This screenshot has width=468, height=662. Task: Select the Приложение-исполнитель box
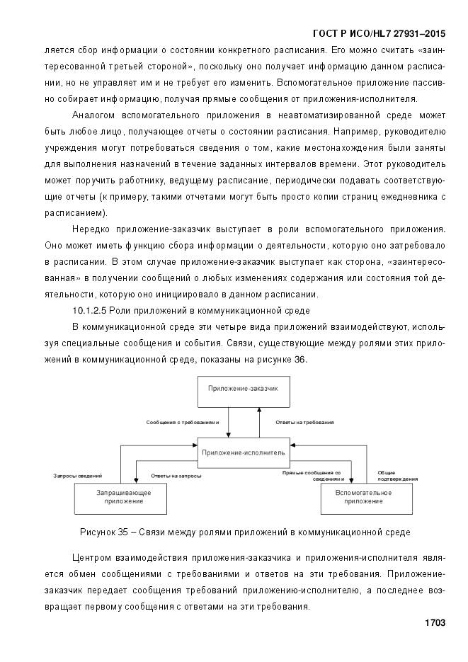click(x=243, y=451)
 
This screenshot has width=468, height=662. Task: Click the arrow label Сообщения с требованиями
click(x=183, y=422)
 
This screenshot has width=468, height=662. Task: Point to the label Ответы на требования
click(x=304, y=422)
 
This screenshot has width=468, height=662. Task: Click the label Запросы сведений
click(x=78, y=476)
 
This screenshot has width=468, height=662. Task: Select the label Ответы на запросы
click(x=176, y=476)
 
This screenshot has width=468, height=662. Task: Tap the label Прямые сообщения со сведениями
click(x=312, y=475)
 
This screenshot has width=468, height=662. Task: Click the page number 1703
click(x=434, y=623)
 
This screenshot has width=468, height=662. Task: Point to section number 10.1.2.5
click(x=92, y=311)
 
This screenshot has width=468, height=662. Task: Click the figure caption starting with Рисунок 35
click(x=245, y=531)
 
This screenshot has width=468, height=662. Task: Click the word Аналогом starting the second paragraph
click(x=94, y=115)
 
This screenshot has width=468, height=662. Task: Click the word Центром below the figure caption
click(x=94, y=557)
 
